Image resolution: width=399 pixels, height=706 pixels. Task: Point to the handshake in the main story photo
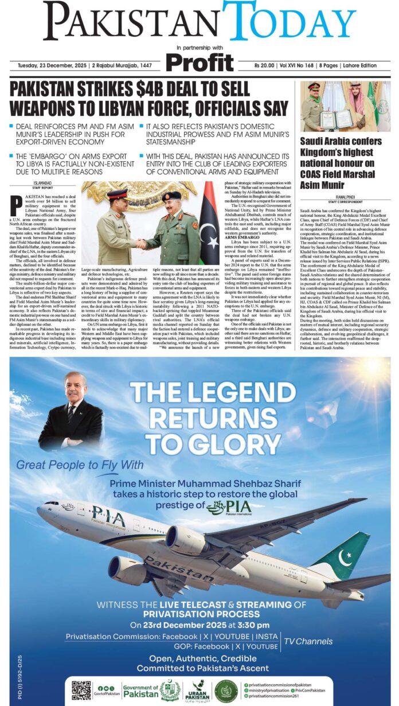pyautogui.click(x=141, y=244)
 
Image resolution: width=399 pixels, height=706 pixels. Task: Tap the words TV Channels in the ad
pyautogui.click(x=308, y=641)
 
